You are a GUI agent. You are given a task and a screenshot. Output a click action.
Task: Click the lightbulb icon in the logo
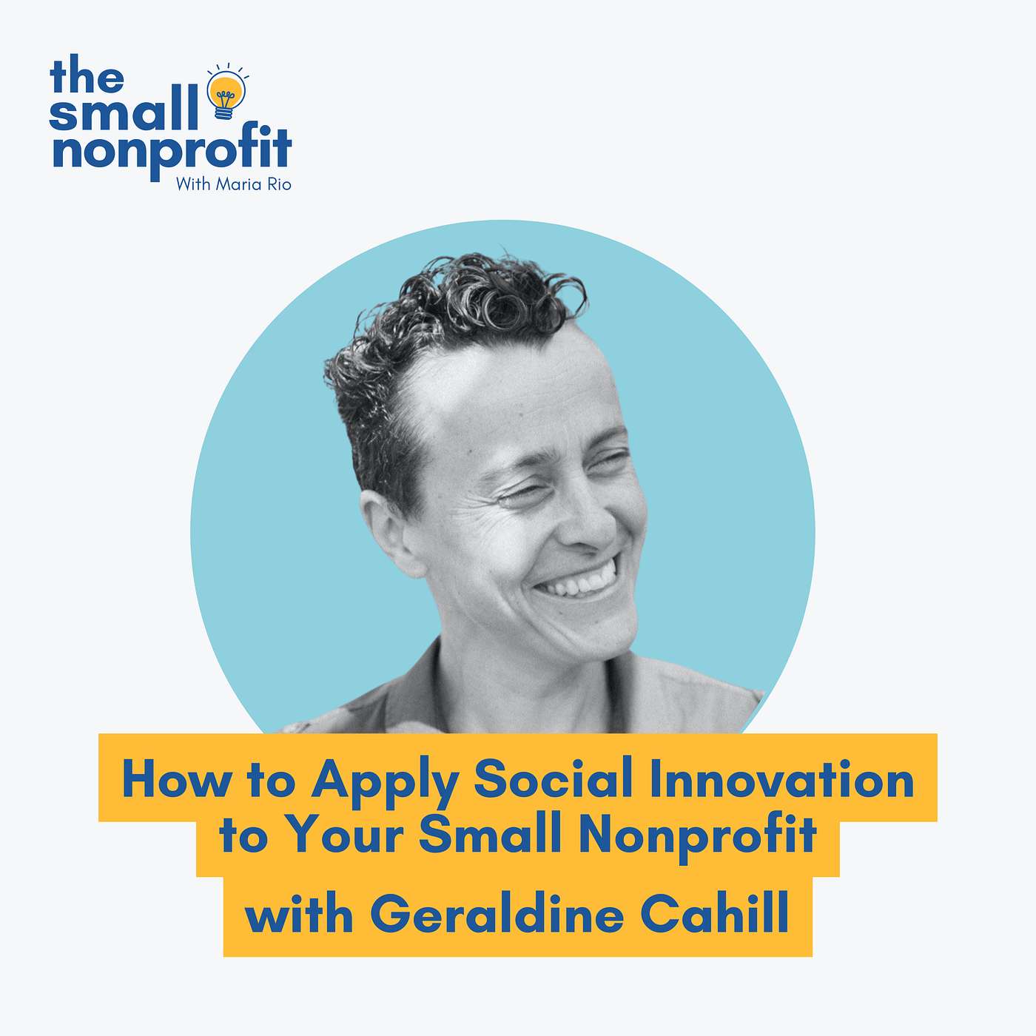click(x=226, y=92)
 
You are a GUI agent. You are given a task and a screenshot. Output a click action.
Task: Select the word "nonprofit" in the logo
click(x=172, y=149)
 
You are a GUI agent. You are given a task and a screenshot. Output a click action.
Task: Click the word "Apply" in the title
click(x=384, y=783)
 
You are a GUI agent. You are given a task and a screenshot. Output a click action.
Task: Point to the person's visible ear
click(x=386, y=533)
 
